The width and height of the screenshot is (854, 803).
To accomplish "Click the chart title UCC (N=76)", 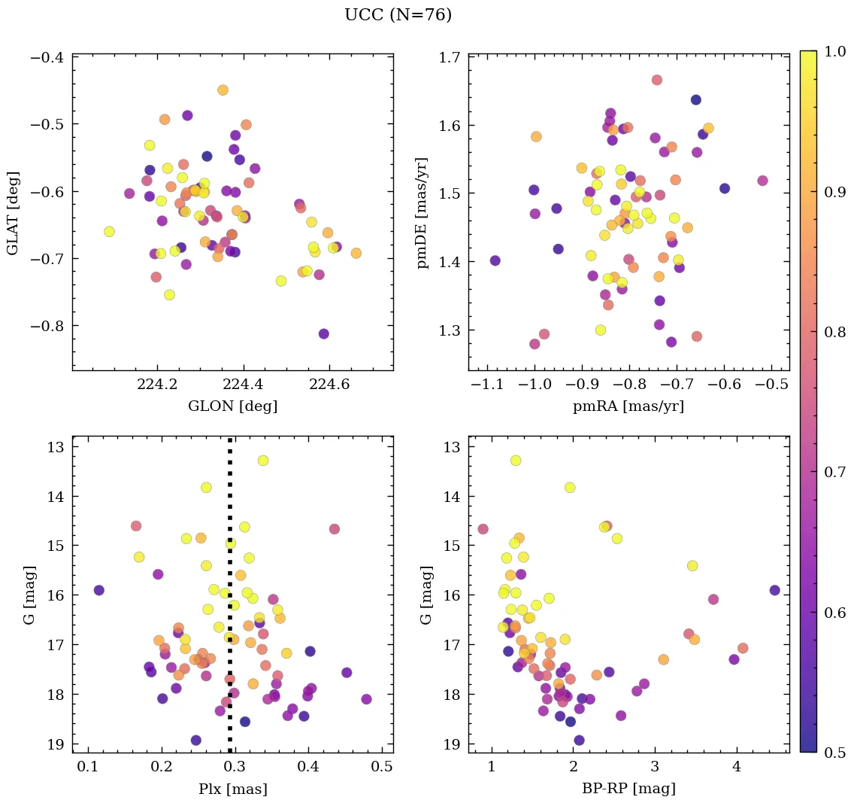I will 398,15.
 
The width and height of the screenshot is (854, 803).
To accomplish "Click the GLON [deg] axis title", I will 232,406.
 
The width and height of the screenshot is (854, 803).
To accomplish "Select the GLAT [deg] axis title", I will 14,213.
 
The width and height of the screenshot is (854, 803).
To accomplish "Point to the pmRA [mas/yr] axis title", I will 628,406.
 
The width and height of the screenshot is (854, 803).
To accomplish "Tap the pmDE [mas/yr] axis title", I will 424,213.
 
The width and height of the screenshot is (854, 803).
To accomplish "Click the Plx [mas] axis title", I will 232,789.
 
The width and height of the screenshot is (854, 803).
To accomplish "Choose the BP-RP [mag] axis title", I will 628,789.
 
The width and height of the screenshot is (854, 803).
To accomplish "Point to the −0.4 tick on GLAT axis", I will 49,56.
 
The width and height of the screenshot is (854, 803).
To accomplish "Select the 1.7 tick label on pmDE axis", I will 451,56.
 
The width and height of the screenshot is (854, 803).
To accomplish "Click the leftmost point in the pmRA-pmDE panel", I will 495,260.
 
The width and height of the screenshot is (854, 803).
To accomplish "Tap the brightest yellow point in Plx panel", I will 262,460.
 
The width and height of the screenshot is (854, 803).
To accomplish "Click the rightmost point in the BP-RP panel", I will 774,590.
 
